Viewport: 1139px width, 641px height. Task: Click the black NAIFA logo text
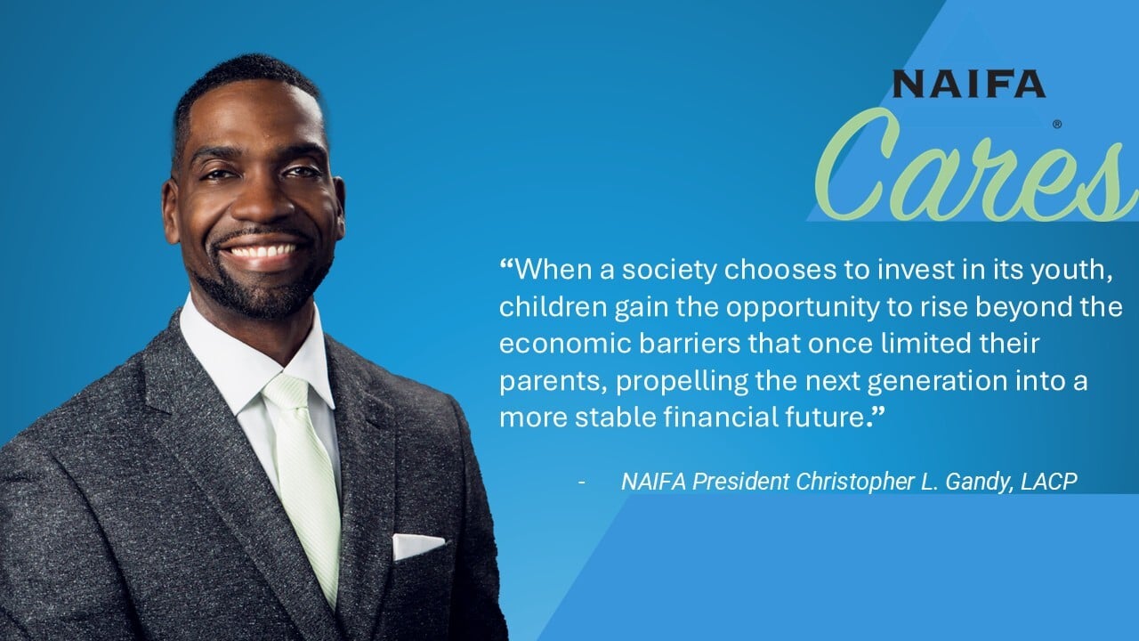(x=969, y=84)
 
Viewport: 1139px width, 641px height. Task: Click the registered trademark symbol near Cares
(x=1057, y=125)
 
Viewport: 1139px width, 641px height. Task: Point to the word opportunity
(x=803, y=307)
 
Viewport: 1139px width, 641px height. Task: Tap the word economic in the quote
(x=565, y=344)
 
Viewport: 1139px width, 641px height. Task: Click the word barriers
(x=690, y=344)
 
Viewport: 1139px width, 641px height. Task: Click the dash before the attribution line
(x=582, y=482)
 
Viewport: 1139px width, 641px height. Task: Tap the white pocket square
(x=418, y=547)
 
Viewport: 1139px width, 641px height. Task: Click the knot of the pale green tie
(x=287, y=393)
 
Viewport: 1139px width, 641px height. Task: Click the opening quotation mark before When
(x=506, y=263)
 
